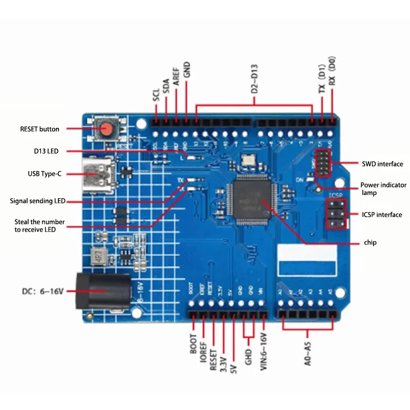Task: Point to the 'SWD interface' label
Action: (x=382, y=164)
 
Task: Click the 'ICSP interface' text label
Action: (x=382, y=215)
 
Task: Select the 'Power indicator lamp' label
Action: (x=383, y=189)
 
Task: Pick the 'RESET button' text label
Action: (x=39, y=129)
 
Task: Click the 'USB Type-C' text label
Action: (x=45, y=174)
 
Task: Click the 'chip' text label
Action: (x=370, y=242)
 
